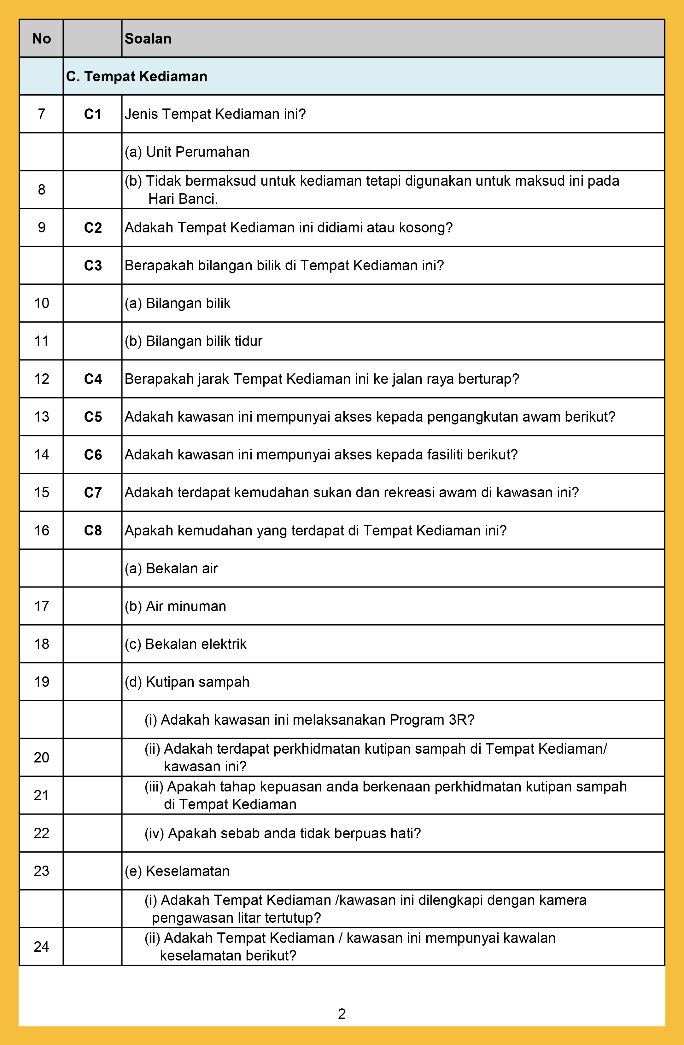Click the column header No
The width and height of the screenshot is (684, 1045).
(42, 39)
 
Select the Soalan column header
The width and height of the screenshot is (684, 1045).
(148, 39)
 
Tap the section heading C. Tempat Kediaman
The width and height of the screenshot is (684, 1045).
(137, 76)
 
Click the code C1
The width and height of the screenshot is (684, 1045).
(93, 114)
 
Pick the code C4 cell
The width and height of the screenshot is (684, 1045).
(93, 379)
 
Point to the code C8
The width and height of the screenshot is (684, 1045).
(93, 530)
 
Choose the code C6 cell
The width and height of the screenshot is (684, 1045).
(93, 454)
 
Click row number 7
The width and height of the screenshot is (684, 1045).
(42, 114)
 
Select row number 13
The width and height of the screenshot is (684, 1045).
(42, 417)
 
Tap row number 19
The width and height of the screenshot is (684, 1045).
(42, 682)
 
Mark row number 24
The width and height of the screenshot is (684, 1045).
(42, 947)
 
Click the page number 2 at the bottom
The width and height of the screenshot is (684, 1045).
(342, 1014)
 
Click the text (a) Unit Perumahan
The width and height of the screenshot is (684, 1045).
(187, 152)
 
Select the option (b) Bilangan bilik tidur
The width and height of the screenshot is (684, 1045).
(193, 341)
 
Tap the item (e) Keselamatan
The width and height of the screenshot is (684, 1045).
(177, 871)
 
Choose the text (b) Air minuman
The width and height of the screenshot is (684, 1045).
(175, 606)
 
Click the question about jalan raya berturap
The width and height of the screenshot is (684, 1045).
(322, 379)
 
